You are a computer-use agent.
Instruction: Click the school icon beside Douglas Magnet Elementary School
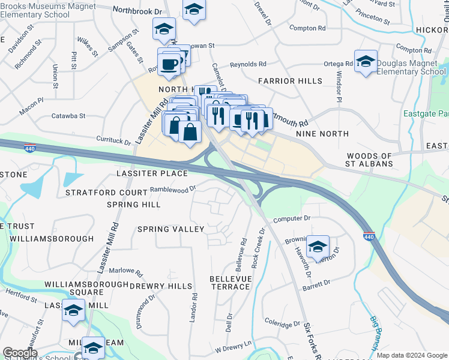point(366,62)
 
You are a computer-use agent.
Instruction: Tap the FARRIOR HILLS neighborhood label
point(290,81)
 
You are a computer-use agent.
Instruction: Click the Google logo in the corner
point(20,353)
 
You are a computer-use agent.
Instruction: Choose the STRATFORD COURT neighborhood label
point(106,193)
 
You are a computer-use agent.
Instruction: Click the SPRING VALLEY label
point(170,229)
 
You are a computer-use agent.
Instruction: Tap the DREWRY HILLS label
point(161,286)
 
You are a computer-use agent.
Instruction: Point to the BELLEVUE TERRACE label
point(229,283)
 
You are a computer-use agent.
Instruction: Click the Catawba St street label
point(68,116)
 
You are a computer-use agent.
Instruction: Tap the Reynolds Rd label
point(248,64)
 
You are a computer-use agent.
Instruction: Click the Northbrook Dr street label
point(137,11)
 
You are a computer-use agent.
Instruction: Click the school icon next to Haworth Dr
point(318,246)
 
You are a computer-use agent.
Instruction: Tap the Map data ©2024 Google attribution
point(412,355)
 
